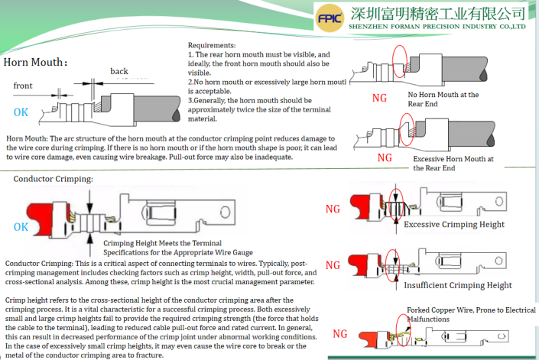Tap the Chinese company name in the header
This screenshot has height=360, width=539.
437,12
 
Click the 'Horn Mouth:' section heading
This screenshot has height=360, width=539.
35,62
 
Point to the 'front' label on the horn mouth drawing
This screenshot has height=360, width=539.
23,86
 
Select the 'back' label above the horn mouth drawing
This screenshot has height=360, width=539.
119,71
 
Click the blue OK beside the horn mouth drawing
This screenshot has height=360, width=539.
21,112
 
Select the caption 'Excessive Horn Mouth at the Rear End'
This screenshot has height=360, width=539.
453,163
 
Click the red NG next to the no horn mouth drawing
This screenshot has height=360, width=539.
379,98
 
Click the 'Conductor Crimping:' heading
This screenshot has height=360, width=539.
54,179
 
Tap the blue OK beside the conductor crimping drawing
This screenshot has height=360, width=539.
21,227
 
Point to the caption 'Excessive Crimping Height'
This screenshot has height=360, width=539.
453,224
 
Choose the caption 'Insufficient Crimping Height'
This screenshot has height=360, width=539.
457,285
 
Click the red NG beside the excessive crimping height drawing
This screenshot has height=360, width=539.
333,209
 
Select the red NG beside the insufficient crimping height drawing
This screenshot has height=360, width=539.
333,265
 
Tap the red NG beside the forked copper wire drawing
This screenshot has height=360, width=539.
340,334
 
